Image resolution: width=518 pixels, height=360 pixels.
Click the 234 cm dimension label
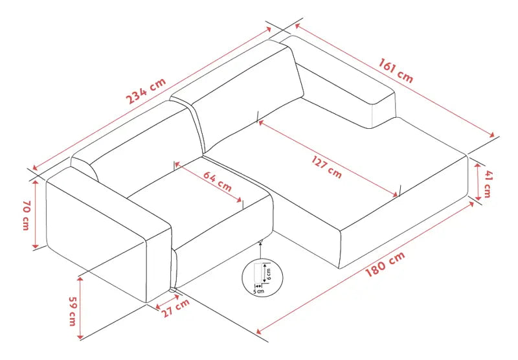click(146, 91)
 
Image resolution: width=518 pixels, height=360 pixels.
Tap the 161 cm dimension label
click(396, 71)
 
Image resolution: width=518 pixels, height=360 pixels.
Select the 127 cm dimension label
click(327, 167)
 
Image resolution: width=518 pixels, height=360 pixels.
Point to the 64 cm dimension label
click(218, 182)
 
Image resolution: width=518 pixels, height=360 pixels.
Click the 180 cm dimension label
click(385, 264)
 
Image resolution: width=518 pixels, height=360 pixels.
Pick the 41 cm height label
click(488, 184)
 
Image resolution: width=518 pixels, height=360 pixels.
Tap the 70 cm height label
click(27, 215)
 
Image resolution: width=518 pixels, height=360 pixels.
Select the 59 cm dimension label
click(73, 311)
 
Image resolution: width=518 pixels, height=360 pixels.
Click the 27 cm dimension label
click(176, 308)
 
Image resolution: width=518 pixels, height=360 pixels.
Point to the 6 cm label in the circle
click(269, 274)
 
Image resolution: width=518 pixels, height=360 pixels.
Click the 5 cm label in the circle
click(258, 291)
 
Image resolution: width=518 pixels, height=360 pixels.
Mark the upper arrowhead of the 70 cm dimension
click(36, 183)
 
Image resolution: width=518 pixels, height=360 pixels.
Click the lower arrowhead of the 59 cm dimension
click(80, 336)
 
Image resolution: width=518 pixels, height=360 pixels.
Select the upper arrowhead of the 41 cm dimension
click(478, 166)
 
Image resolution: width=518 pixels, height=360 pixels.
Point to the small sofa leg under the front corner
click(173, 290)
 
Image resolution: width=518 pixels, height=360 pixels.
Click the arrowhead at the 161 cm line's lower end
click(492, 135)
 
